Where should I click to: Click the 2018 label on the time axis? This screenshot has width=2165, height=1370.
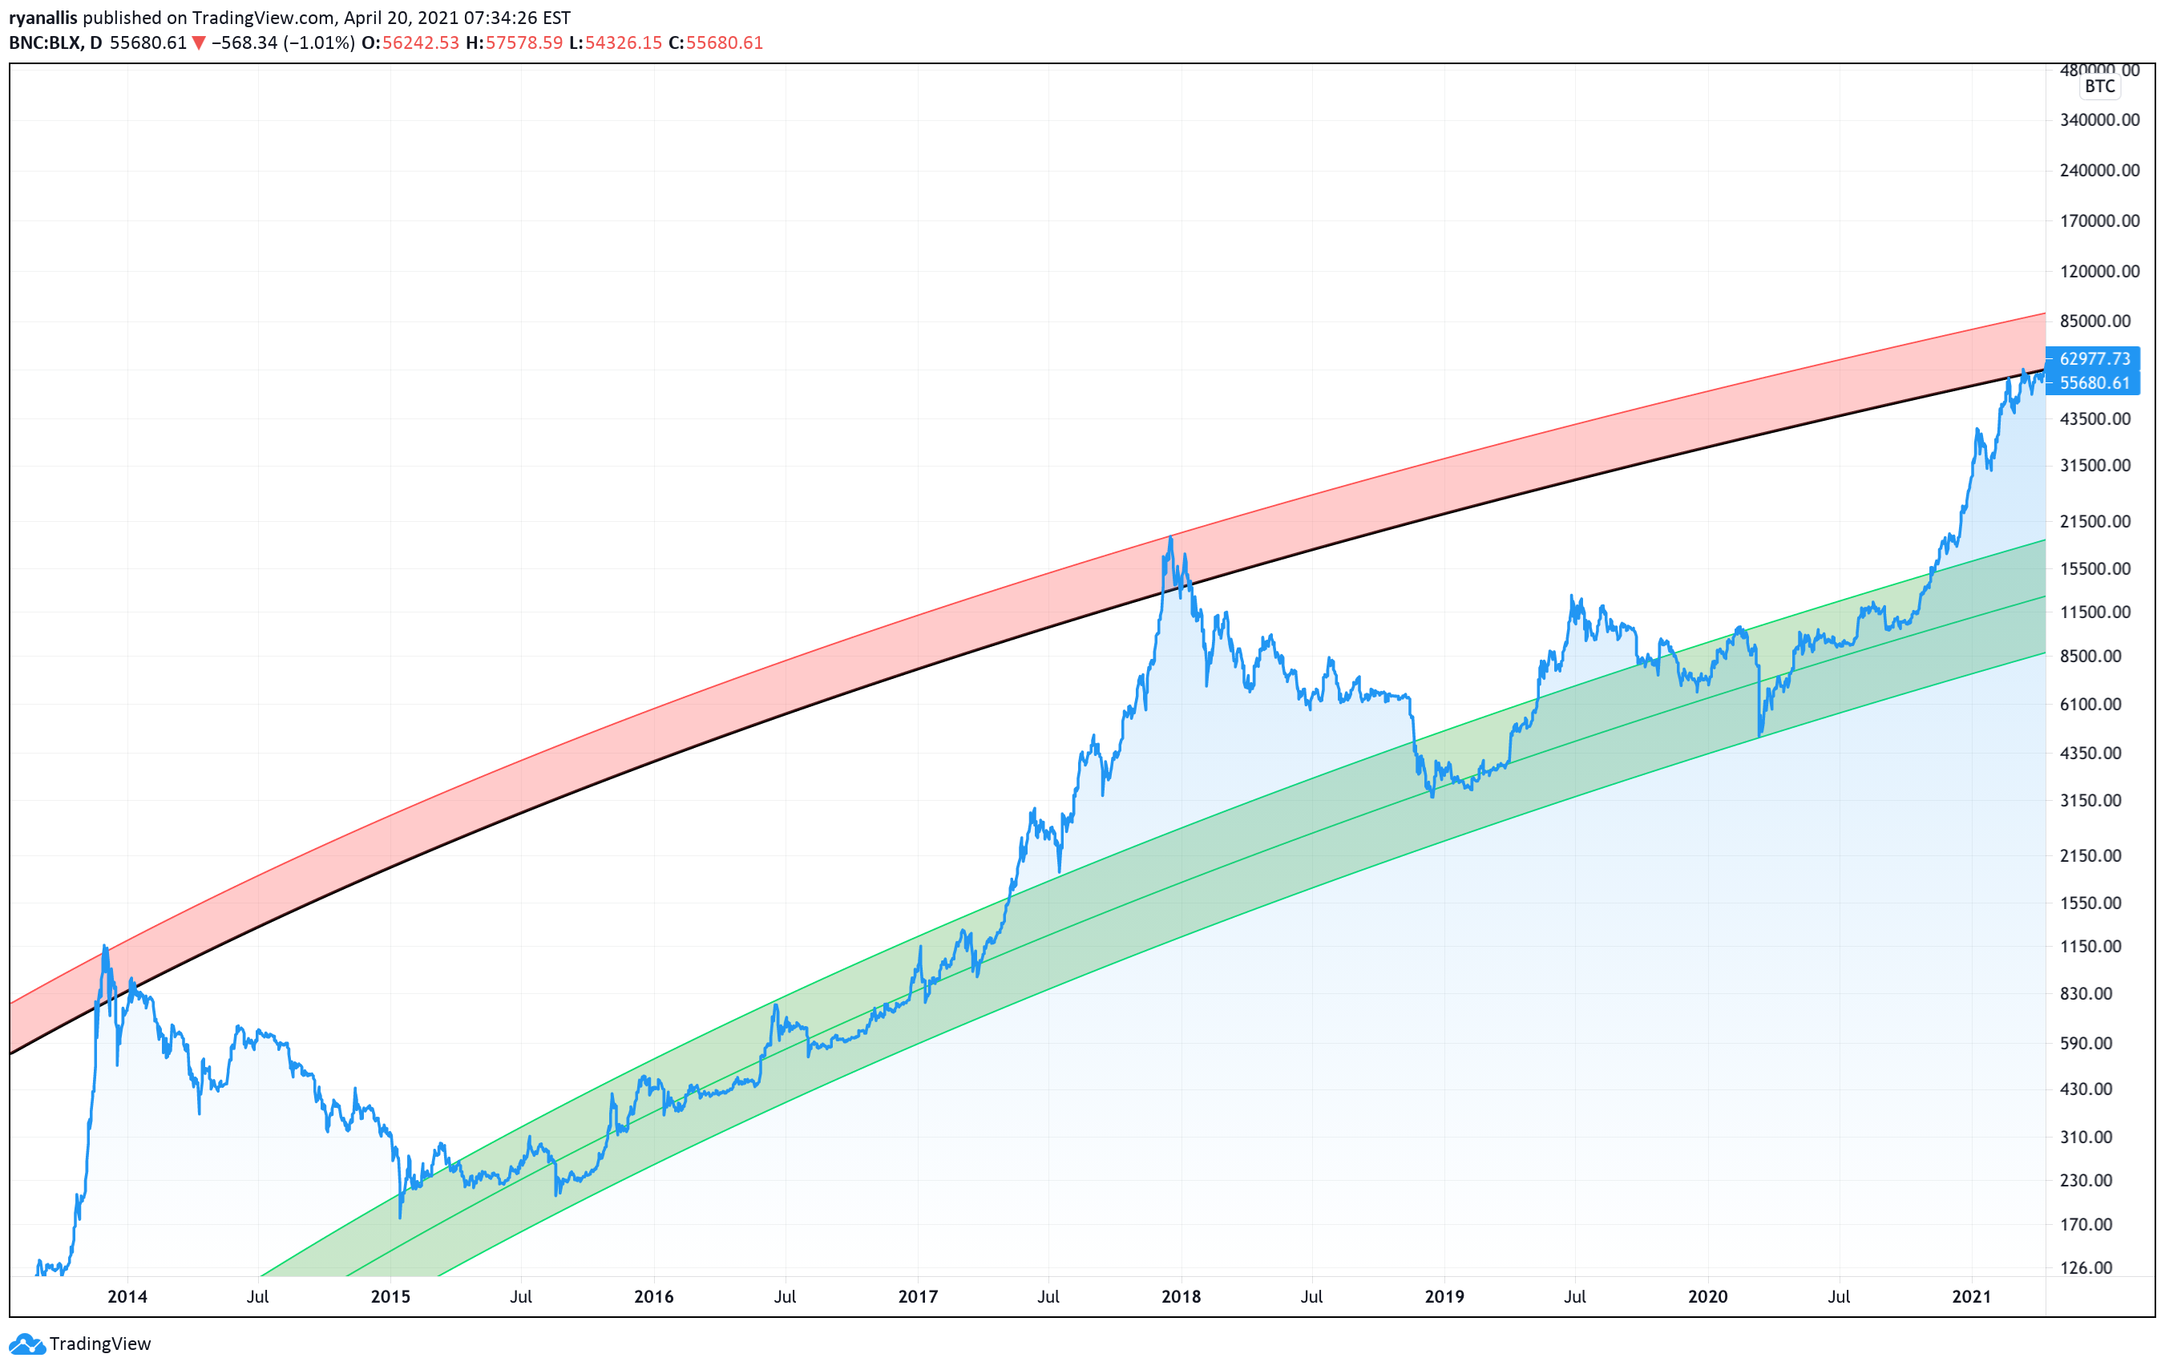click(1181, 1296)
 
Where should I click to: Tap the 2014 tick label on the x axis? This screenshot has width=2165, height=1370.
click(127, 1296)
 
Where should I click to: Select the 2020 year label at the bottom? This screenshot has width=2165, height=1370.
click(1707, 1296)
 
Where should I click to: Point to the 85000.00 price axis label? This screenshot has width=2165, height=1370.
click(2098, 321)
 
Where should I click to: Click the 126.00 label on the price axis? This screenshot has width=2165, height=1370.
click(2098, 1267)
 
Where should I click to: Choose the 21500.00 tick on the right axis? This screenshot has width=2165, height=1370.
click(2098, 521)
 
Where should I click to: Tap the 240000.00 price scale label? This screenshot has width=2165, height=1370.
click(2098, 170)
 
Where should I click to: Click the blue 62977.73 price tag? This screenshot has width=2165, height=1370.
click(2094, 358)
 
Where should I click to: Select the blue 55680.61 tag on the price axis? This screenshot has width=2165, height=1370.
click(2094, 383)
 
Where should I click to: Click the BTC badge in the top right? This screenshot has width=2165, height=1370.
click(2099, 87)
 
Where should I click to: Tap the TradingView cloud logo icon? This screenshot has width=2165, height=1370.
click(26, 1344)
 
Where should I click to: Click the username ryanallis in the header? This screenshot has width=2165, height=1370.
click(43, 17)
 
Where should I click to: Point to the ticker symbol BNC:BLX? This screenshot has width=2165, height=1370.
click(44, 42)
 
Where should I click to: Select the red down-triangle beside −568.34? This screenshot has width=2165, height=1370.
click(199, 42)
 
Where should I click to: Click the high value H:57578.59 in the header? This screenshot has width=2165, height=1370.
click(515, 42)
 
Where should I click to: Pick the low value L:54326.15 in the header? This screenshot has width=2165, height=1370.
click(615, 42)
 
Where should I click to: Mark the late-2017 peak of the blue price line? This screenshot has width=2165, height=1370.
click(1169, 538)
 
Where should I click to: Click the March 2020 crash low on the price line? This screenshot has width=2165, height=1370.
click(1759, 735)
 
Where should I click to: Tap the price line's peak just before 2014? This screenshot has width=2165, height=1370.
click(104, 946)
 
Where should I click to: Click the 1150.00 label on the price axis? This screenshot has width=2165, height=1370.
click(2098, 946)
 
